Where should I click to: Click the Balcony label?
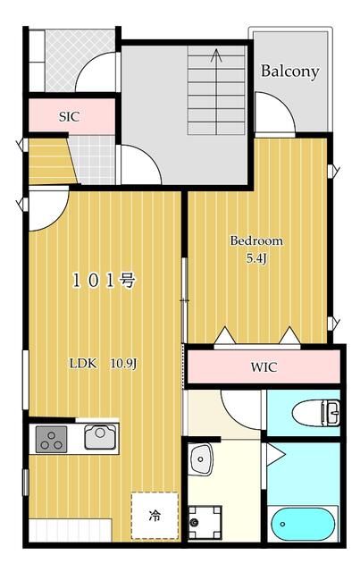pyautogui.click(x=289, y=71)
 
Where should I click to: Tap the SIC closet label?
pyautogui.click(x=70, y=115)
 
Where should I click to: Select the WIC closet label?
pyautogui.click(x=264, y=366)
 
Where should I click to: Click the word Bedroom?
pyautogui.click(x=256, y=241)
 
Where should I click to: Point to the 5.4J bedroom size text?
pyautogui.click(x=256, y=258)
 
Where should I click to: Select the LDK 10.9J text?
pyautogui.click(x=103, y=364)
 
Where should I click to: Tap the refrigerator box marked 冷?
pyautogui.click(x=155, y=516)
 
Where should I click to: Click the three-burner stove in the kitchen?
pyautogui.click(x=51, y=439)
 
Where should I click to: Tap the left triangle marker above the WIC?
pyautogui.click(x=223, y=336)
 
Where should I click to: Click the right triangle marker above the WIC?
pyautogui.click(x=289, y=336)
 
